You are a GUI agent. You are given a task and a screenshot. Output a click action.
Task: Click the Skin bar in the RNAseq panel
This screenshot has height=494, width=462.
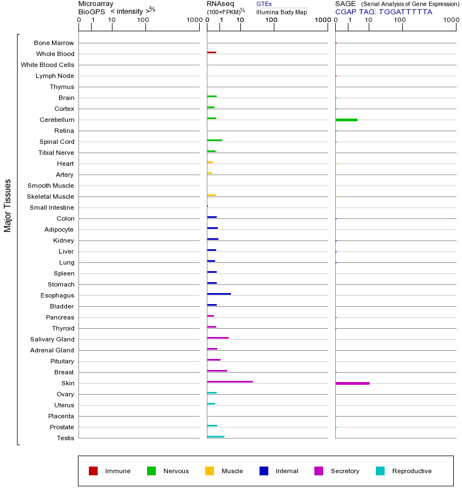(x=230, y=381)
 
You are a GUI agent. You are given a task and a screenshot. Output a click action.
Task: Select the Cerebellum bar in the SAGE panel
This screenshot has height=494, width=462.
(x=346, y=120)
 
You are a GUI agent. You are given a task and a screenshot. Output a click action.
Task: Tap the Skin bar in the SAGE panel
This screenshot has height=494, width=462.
(x=352, y=383)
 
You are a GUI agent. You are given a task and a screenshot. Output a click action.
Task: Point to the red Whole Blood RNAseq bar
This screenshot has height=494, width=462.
(x=211, y=52)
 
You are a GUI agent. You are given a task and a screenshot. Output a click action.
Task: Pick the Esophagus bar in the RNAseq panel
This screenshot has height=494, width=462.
(x=219, y=294)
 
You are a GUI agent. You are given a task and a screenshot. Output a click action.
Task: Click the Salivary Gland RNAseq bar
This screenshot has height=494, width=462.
(x=218, y=338)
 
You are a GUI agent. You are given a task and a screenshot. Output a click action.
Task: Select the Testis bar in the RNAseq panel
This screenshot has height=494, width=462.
(x=216, y=436)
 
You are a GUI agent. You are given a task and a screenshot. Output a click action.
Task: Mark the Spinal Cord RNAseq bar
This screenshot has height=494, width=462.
(x=215, y=140)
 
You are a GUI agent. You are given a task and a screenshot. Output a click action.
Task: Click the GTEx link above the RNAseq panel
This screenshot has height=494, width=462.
(x=264, y=4)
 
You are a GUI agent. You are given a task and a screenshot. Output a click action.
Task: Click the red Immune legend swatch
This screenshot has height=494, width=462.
(x=93, y=471)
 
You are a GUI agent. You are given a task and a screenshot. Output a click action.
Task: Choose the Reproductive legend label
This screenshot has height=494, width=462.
(x=412, y=471)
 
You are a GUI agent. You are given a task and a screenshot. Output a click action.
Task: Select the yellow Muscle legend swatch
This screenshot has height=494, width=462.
(x=210, y=471)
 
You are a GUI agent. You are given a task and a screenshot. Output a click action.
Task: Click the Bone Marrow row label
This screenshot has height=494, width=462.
(x=54, y=43)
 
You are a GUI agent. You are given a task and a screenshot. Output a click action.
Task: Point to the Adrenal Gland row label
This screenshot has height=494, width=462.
(x=52, y=350)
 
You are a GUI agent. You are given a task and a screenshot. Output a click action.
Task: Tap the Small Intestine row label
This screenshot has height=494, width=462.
(x=52, y=207)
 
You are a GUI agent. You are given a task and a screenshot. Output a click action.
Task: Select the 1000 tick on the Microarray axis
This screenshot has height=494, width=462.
(x=193, y=20)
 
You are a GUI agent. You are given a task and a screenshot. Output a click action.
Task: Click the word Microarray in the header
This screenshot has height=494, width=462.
(x=96, y=4)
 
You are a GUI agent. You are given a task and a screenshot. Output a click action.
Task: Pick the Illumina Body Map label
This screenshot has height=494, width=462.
(x=281, y=12)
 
